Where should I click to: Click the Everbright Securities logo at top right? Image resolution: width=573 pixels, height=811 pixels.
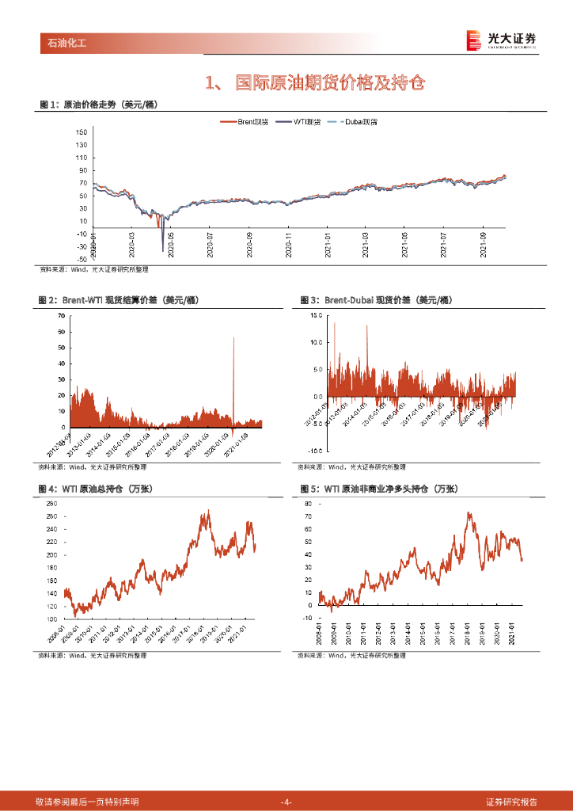(500, 40)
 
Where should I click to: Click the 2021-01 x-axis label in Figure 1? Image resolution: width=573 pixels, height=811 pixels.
(327, 241)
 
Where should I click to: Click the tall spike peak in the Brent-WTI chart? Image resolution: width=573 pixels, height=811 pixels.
(233, 338)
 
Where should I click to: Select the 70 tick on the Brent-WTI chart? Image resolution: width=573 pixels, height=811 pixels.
(61, 316)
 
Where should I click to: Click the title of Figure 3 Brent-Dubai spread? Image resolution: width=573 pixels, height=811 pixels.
(376, 300)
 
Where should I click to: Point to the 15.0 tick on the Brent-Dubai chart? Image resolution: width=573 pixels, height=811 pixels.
(317, 315)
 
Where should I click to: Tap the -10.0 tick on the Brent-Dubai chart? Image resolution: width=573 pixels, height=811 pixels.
(316, 450)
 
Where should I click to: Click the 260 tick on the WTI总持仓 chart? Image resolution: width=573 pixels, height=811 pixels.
(51, 504)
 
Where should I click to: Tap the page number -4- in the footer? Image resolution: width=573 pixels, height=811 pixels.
(286, 801)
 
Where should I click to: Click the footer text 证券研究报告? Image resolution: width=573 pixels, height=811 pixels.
(511, 801)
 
